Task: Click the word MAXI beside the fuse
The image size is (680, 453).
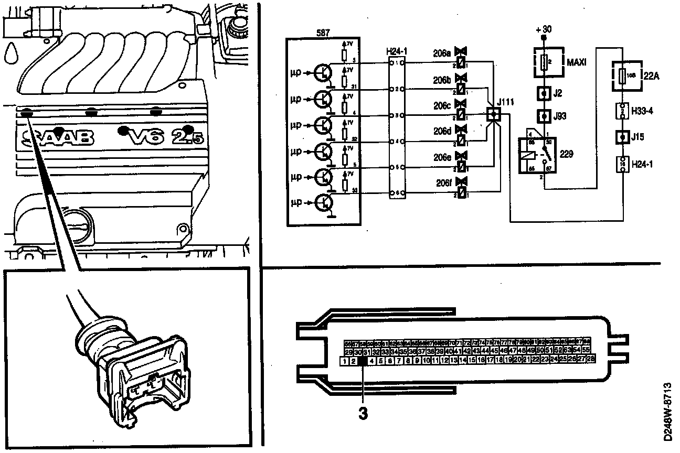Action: click(x=577, y=63)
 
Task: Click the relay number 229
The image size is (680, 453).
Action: click(x=566, y=154)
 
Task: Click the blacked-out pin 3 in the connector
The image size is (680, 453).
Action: click(x=362, y=361)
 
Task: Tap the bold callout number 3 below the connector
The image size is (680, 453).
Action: click(x=362, y=413)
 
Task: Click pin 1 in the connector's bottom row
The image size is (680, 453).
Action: click(x=344, y=361)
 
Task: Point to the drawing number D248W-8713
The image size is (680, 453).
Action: click(x=668, y=411)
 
